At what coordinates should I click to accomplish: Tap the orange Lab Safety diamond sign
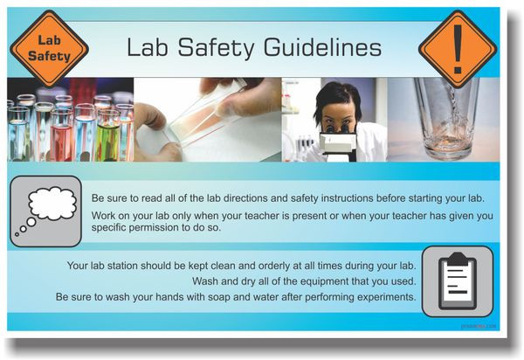coord(49,49)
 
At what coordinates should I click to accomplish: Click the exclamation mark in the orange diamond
coord(458,50)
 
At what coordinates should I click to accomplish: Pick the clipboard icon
coord(458,281)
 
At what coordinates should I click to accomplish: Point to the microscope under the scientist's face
coord(337,143)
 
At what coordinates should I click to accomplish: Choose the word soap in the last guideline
coord(218,297)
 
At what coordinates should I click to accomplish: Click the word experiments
coord(387,297)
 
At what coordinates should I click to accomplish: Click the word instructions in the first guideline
coord(347,198)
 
